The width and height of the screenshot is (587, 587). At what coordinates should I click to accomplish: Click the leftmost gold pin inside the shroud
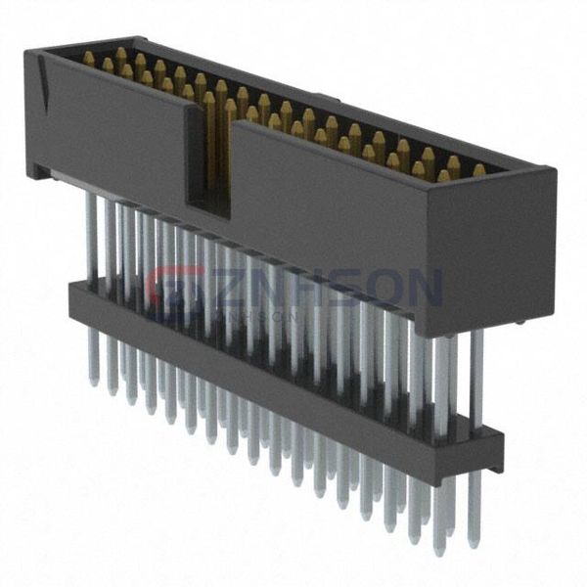point(88,59)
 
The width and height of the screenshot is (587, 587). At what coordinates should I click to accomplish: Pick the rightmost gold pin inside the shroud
point(478,170)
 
